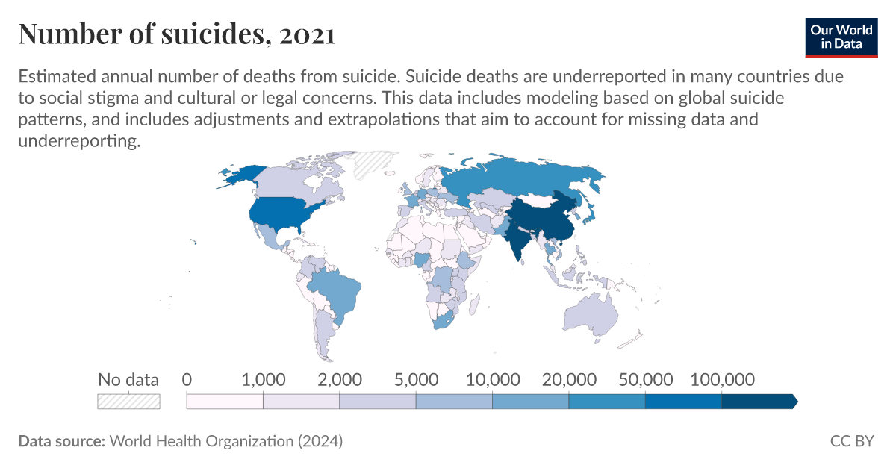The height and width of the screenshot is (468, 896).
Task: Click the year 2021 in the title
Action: [307, 34]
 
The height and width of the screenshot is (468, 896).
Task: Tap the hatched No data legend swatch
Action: [128, 401]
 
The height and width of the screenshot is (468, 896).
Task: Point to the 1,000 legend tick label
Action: [264, 379]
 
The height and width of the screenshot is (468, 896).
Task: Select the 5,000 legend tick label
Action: [416, 379]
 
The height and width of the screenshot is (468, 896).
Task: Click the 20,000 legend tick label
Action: [568, 379]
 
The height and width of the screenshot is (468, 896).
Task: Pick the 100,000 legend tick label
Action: [721, 379]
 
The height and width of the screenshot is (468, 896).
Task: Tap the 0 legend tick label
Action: [187, 379]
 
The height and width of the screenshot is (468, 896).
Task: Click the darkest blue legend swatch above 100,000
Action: [758, 401]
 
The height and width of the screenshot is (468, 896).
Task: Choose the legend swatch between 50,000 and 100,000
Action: [683, 401]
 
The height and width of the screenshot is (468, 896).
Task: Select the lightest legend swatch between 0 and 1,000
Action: [225, 401]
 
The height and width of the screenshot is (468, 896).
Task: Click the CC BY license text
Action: [851, 441]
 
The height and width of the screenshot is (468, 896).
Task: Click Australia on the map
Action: [590, 313]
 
